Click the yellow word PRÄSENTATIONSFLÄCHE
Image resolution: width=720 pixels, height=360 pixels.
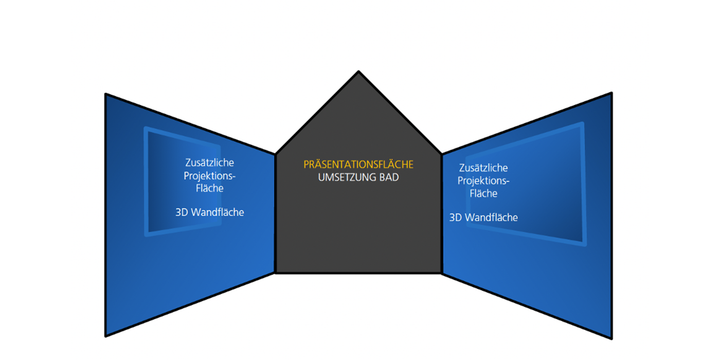tap(358, 165)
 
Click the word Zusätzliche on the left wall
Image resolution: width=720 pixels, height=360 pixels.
tap(209, 163)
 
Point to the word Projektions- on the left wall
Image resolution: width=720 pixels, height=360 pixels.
tap(209, 175)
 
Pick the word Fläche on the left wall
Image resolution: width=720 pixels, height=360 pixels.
tap(209, 188)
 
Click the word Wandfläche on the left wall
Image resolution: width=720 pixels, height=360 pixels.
tap(218, 212)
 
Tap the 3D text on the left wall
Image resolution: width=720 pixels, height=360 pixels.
tap(182, 212)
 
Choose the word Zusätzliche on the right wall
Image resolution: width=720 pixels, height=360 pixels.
tap(483, 168)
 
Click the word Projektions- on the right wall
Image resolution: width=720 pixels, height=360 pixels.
tap(483, 181)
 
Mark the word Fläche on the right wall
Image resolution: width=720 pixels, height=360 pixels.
tap(483, 194)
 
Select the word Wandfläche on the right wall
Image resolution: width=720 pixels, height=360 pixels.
tap(491, 218)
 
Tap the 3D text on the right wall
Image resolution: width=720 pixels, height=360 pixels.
tap(456, 218)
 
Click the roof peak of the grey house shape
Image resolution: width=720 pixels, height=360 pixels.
tap(358, 71)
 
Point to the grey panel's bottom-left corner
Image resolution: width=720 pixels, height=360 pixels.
tap(276, 272)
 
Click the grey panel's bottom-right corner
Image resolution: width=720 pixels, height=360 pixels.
tap(441, 272)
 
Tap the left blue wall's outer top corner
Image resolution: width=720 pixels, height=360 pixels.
tap(105, 94)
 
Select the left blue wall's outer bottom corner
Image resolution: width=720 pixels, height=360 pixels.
tap(105, 336)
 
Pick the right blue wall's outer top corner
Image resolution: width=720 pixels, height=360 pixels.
tap(611, 93)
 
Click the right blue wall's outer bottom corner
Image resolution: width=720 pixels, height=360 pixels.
tap(611, 338)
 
